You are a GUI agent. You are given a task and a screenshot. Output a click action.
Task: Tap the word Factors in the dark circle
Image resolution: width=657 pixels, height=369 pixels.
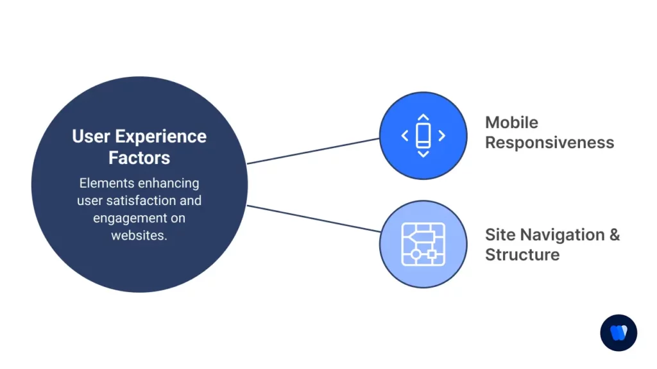coord(139,157)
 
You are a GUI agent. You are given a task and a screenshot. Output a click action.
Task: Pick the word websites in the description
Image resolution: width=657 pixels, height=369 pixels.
coord(139,235)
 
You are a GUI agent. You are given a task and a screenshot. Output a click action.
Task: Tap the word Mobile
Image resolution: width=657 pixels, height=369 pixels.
coord(511,122)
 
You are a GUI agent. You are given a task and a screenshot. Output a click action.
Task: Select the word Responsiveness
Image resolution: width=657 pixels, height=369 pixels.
coord(549,142)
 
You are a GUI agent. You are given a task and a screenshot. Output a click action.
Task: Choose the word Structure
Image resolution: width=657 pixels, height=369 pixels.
coord(522,254)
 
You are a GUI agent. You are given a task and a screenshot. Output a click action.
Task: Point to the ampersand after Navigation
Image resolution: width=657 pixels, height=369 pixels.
coord(614,234)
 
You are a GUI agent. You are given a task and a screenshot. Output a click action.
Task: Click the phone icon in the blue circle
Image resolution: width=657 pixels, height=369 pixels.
coord(423,135)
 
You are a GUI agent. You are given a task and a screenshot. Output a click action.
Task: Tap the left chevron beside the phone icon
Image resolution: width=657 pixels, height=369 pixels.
coord(404,135)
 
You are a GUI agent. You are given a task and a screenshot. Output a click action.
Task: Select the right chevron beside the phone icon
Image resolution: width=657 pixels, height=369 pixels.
coord(441,135)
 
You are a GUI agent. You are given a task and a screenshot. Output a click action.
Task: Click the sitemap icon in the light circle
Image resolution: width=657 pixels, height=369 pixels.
coord(423,244)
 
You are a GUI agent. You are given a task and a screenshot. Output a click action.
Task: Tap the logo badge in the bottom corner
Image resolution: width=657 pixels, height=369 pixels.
coord(619,332)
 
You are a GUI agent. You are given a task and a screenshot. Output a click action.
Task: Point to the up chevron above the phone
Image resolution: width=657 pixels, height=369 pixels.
coord(423,118)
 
